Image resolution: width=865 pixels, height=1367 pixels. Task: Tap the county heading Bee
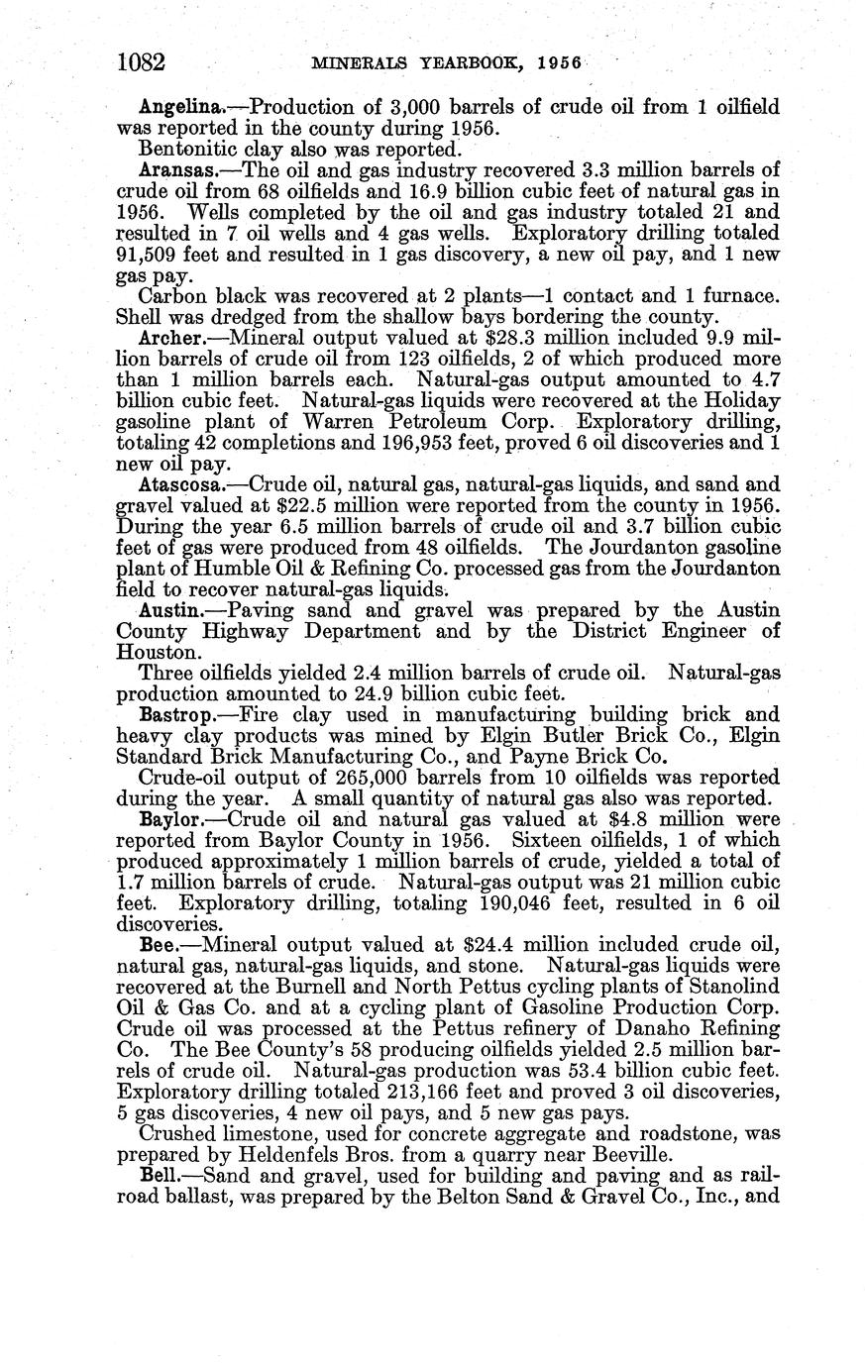159,945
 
